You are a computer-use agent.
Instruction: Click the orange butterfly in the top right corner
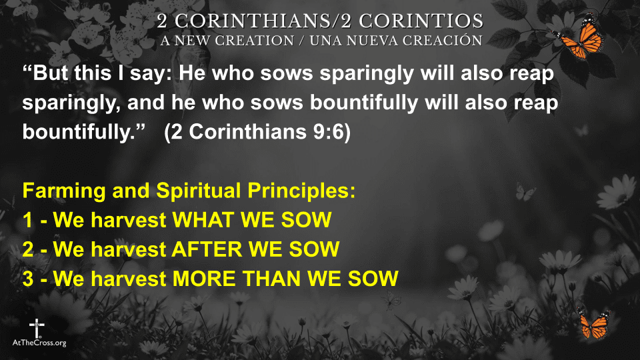pyautogui.click(x=579, y=37)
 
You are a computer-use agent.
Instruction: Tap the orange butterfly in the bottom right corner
pyautogui.click(x=595, y=325)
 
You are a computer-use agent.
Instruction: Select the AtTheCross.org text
pyautogui.click(x=39, y=343)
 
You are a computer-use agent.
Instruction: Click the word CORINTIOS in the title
pyautogui.click(x=421, y=21)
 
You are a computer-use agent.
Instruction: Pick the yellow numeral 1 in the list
pyautogui.click(x=28, y=220)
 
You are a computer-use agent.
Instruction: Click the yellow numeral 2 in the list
pyautogui.click(x=28, y=249)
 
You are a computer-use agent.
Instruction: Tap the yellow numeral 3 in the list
pyautogui.click(x=28, y=279)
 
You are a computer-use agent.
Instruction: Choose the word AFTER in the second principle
pyautogui.click(x=207, y=249)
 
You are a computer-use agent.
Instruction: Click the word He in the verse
pyautogui.click(x=192, y=73)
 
